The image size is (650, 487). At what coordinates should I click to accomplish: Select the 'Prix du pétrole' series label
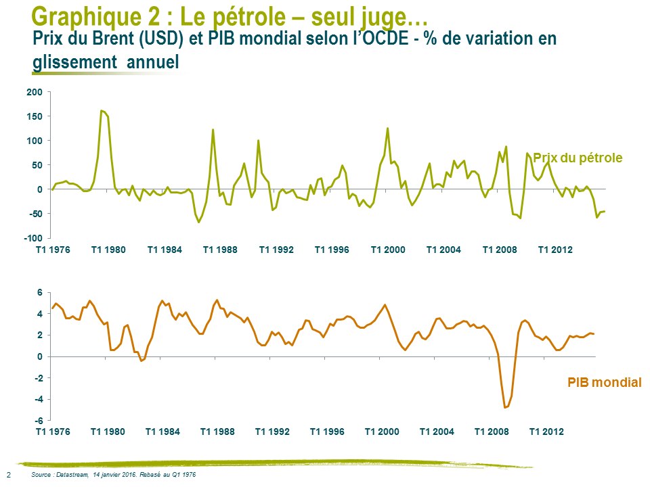(578, 158)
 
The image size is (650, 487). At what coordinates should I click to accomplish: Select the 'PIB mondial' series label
(604, 383)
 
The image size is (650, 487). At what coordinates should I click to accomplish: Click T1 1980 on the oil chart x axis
(108, 250)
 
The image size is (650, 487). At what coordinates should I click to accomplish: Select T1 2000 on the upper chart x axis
(387, 250)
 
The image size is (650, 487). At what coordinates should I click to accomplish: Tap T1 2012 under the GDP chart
(546, 432)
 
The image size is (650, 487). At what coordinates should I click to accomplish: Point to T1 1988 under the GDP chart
(219, 432)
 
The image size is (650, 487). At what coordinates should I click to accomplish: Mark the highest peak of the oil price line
(102, 110)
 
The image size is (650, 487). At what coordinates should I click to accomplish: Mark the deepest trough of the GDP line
(505, 408)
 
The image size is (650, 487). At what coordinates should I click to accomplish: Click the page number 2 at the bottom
(8, 475)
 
